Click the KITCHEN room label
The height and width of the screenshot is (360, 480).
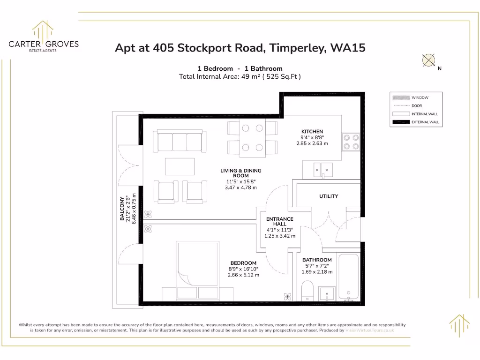tap(312, 132)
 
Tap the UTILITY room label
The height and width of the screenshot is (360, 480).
tap(328, 196)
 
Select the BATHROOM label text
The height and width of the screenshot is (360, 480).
tap(317, 260)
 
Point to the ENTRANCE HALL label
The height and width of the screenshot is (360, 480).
tap(279, 221)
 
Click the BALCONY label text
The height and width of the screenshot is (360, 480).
tap(122, 209)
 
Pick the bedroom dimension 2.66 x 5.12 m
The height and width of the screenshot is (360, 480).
tap(243, 275)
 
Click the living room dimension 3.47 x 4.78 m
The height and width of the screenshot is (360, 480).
tap(241, 187)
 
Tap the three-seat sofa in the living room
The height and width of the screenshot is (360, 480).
tap(180, 142)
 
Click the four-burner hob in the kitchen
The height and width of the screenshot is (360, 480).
tap(351, 142)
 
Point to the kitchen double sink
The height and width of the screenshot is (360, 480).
tap(323, 168)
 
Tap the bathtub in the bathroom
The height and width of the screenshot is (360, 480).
tap(348, 277)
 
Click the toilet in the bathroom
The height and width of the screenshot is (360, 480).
tap(307, 291)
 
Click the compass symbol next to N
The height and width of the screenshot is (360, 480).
tap(428, 60)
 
